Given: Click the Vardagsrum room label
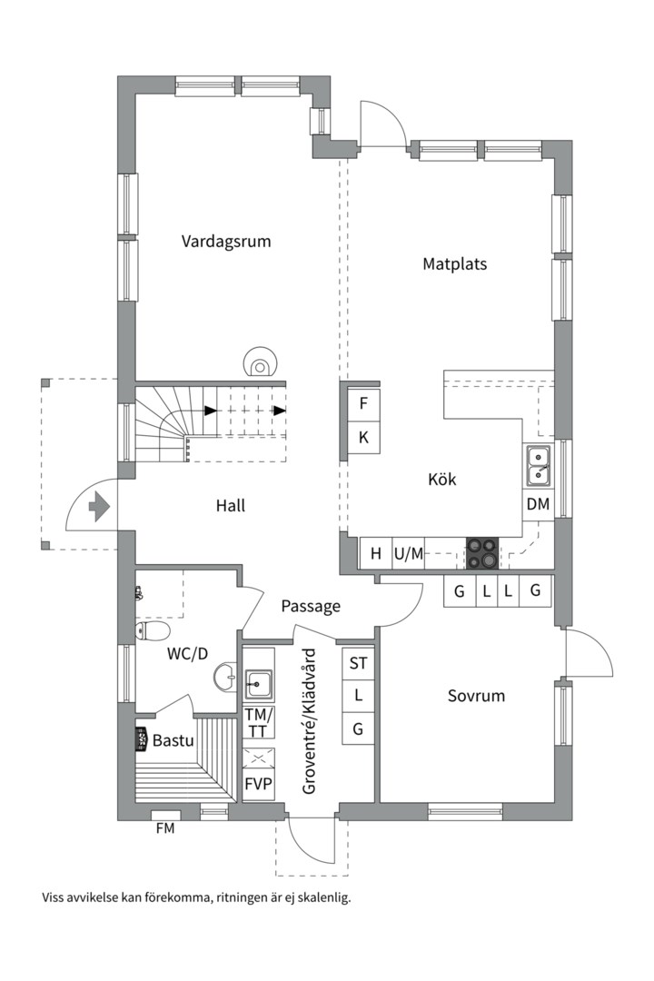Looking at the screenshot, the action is pyautogui.click(x=226, y=242).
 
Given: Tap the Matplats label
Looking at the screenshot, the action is pyautogui.click(x=454, y=264).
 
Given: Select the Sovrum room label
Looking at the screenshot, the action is pyautogui.click(x=476, y=696).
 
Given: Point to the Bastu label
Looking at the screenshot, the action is pyautogui.click(x=173, y=741).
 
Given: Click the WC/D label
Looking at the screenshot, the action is pyautogui.click(x=187, y=654).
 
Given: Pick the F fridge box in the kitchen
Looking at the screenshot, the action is pyautogui.click(x=363, y=403).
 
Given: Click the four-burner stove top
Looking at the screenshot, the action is pyautogui.click(x=482, y=554).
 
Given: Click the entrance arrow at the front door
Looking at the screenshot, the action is pyautogui.click(x=100, y=506).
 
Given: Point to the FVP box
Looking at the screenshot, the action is pyautogui.click(x=259, y=783).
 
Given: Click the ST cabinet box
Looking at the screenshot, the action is pyautogui.click(x=358, y=662).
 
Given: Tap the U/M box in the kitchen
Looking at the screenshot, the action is pyautogui.click(x=408, y=554).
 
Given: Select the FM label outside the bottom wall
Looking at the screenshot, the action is pyautogui.click(x=165, y=828).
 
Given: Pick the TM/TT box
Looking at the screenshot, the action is pyautogui.click(x=259, y=723).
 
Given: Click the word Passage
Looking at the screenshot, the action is pyautogui.click(x=311, y=606).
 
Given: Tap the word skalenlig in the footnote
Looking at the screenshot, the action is pyautogui.click(x=326, y=898).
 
